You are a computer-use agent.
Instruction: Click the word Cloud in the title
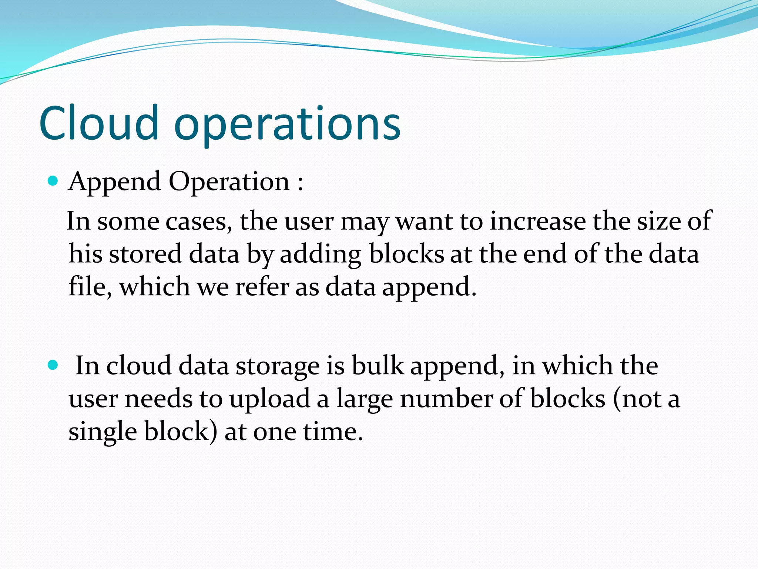(99, 123)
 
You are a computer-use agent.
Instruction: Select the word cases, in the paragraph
(199, 222)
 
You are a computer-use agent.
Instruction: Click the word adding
(320, 255)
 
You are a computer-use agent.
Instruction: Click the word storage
(278, 366)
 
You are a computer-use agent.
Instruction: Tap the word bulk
(377, 366)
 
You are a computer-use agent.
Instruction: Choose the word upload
(269, 399)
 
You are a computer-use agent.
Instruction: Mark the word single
(103, 432)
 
